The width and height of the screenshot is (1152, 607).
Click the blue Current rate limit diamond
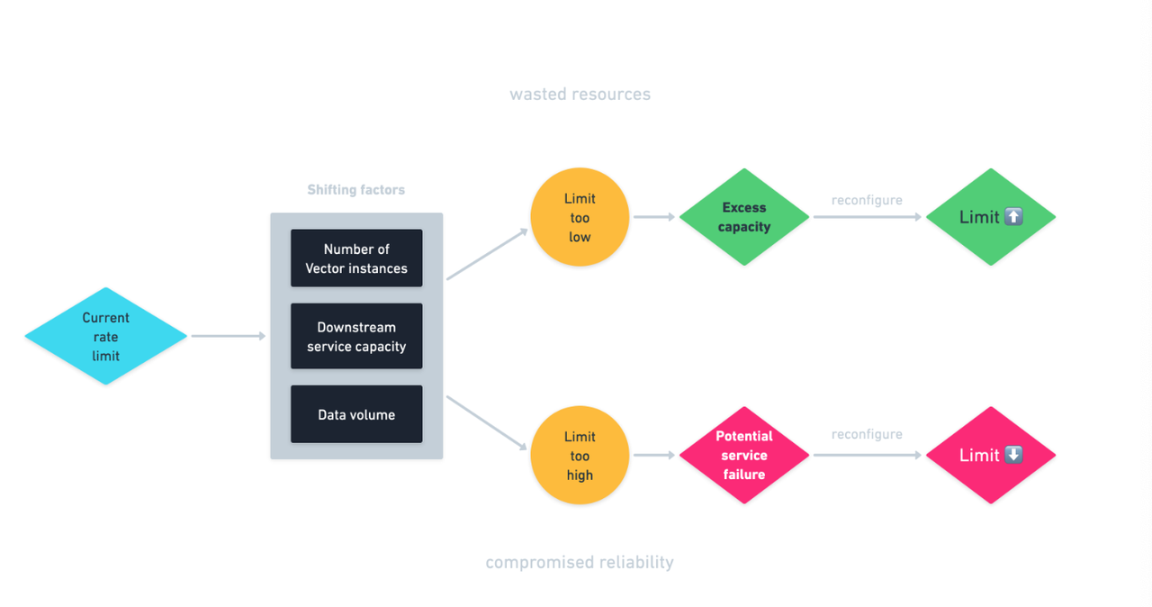point(105,336)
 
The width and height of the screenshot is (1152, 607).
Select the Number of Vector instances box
point(356,258)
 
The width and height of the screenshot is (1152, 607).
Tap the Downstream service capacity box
point(356,337)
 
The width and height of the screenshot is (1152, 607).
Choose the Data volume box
point(356,414)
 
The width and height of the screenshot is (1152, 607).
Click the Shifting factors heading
point(356,190)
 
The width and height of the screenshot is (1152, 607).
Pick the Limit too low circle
point(580,217)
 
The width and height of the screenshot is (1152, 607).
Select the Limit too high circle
point(580,455)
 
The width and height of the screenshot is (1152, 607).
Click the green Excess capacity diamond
point(744,217)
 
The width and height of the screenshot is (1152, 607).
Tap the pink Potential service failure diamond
point(744,455)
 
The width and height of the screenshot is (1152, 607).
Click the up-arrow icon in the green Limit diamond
point(1013,217)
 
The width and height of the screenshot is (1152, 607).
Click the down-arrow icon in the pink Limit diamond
point(1013,455)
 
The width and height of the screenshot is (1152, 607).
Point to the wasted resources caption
point(580,94)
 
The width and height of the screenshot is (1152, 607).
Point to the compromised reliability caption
point(580,562)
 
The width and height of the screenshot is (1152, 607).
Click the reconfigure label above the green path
point(867,200)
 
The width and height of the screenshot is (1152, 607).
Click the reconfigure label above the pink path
point(867,434)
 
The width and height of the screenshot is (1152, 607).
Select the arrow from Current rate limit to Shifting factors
point(229,336)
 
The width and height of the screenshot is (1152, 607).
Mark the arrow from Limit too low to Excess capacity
point(653,217)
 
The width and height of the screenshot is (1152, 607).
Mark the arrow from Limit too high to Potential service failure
point(653,455)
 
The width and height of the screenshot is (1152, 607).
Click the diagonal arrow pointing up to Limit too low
point(487,254)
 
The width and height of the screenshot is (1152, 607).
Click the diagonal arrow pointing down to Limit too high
point(487,422)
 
